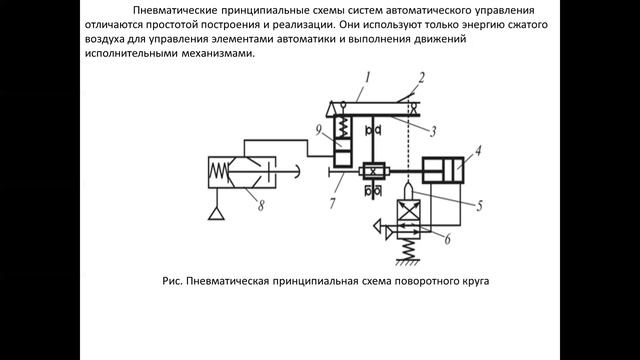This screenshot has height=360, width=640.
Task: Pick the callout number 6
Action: pos(447,238)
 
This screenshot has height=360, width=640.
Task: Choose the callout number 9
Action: pos(317,129)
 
